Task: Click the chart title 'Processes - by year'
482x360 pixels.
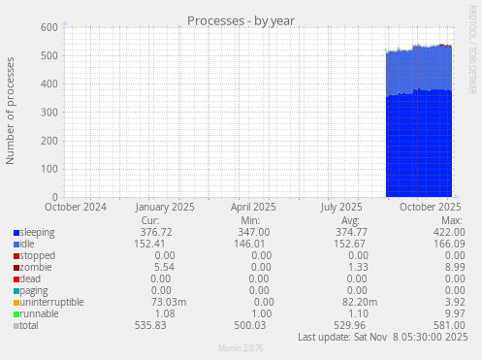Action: pos(241,20)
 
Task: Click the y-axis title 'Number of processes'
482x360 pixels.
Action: pos(11,111)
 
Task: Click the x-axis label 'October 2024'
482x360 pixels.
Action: pos(76,207)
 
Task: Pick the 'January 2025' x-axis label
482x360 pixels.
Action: pos(165,207)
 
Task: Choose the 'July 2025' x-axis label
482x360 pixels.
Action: pos(340,207)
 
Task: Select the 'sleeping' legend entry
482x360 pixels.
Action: pos(37,233)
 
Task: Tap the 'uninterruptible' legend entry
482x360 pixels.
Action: pos(50,303)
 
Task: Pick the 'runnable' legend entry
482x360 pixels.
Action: pos(39,314)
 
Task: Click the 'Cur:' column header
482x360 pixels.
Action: pos(150,220)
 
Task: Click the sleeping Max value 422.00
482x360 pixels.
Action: pos(448,233)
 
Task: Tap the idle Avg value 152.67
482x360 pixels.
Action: pos(348,245)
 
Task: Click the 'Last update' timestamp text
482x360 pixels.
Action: pos(382,338)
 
